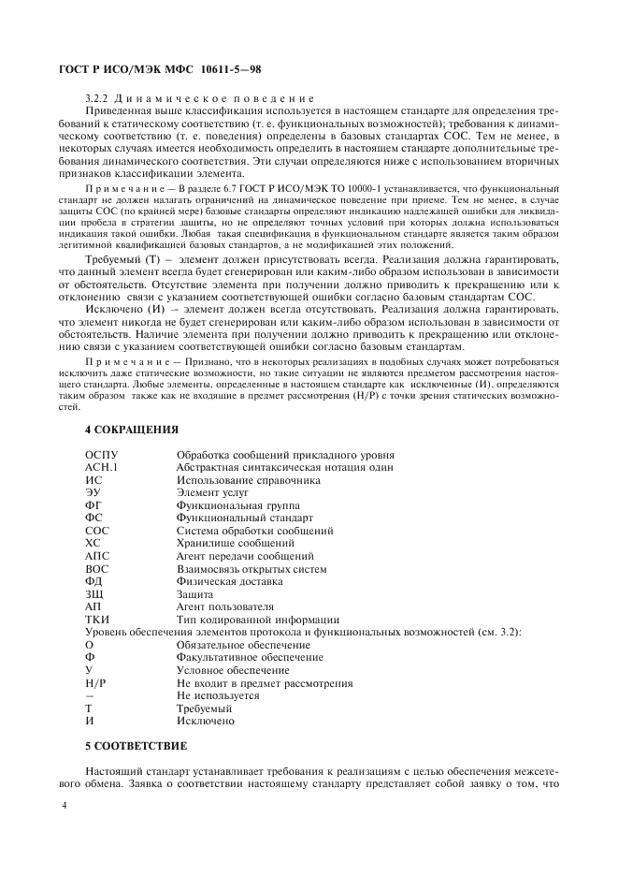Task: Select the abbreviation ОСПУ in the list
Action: [x=101, y=454]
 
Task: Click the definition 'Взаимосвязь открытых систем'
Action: [x=252, y=568]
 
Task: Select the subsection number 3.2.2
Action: [x=96, y=97]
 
